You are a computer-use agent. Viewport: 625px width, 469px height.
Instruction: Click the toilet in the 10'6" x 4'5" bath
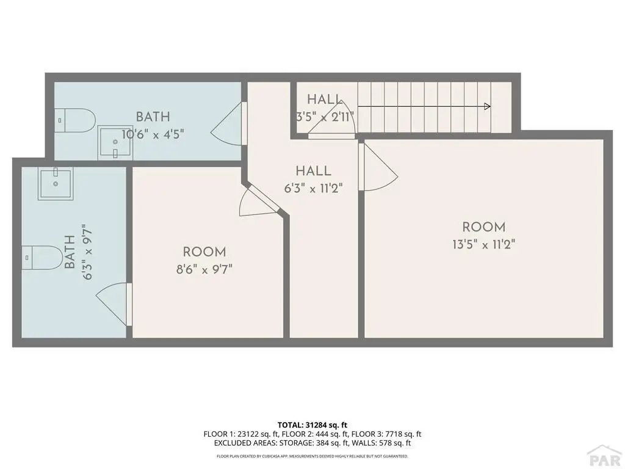(x=75, y=120)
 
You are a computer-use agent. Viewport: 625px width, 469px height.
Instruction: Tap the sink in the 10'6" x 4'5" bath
(x=115, y=142)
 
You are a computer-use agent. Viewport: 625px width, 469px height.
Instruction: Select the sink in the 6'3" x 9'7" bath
(x=56, y=183)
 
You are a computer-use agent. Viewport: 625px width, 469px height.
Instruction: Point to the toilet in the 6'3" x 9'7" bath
(x=42, y=258)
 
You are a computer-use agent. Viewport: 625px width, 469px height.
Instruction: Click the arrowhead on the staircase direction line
(x=487, y=106)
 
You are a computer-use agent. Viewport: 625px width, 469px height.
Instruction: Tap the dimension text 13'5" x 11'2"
(x=484, y=244)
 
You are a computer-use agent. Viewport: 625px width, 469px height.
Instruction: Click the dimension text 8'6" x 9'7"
(x=204, y=269)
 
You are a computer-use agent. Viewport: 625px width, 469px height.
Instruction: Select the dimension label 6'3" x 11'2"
(x=313, y=188)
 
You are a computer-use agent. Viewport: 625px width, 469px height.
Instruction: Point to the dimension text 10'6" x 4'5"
(x=153, y=134)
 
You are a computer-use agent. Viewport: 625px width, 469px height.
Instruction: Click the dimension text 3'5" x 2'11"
(x=325, y=117)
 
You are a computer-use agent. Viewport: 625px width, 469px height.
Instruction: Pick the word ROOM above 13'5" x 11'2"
(x=484, y=227)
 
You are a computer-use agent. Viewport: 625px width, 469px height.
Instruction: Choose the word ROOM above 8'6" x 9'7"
(x=204, y=252)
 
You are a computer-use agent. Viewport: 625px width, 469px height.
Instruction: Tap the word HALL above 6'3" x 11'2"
(x=313, y=171)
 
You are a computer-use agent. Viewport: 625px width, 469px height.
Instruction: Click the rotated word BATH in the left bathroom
(x=70, y=252)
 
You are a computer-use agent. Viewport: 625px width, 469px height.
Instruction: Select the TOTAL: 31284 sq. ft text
(x=312, y=425)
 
